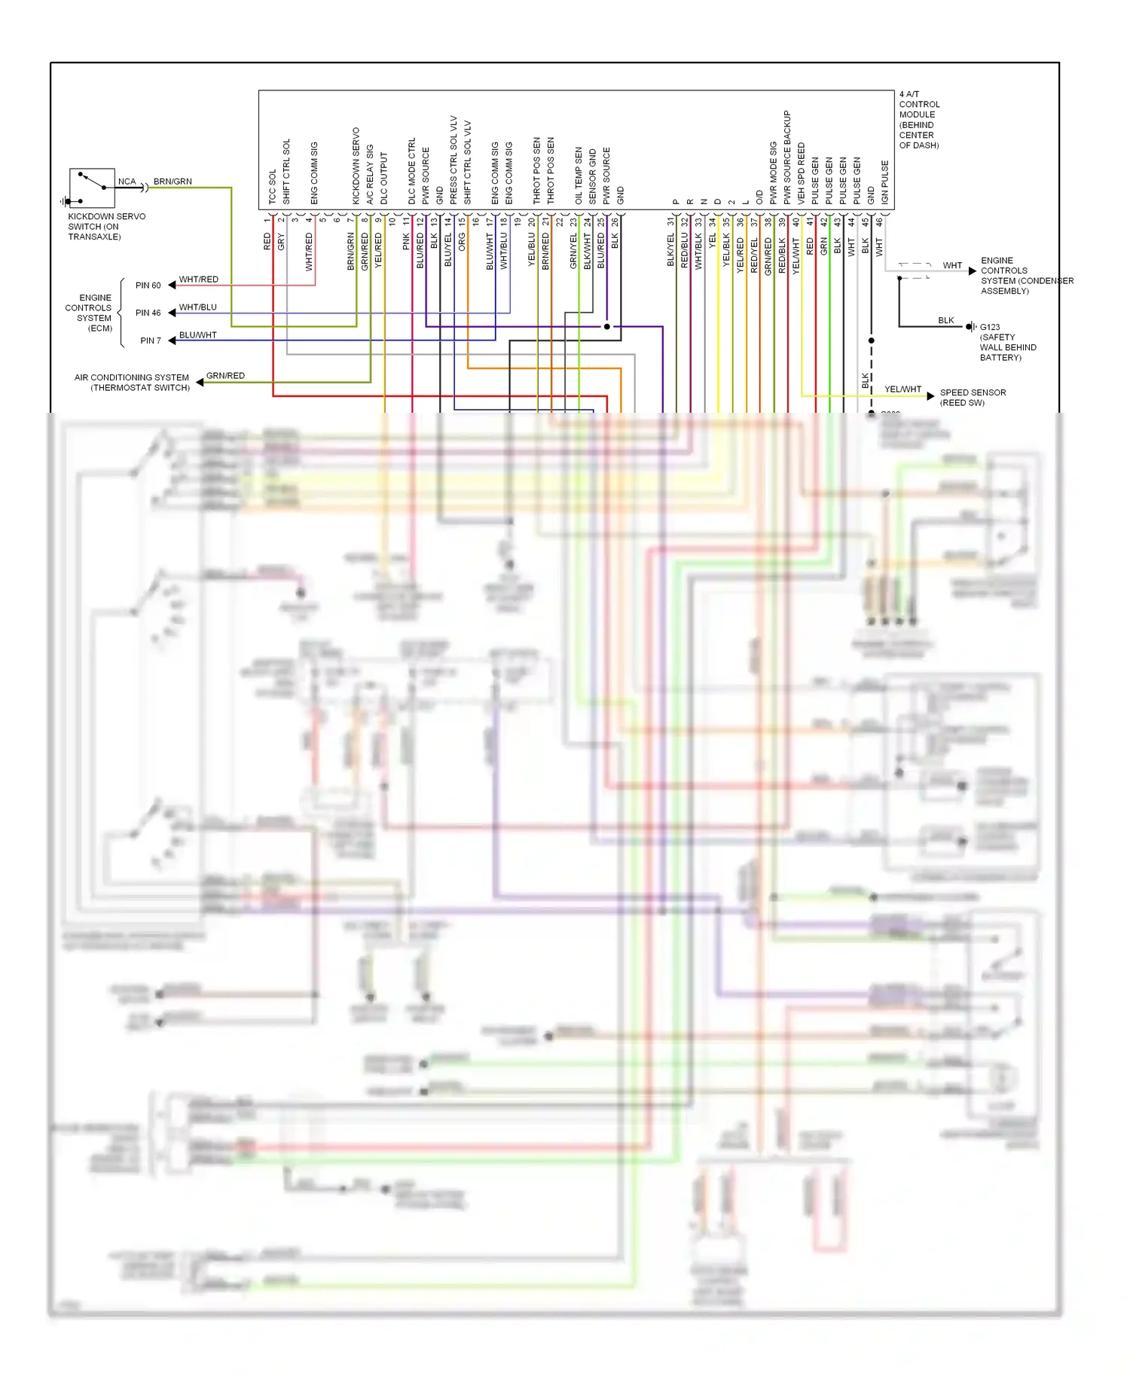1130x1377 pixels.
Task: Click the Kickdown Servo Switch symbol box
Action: [x=92, y=188]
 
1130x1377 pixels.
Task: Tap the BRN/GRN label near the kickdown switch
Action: [x=173, y=182]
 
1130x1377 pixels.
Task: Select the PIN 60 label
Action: [x=148, y=285]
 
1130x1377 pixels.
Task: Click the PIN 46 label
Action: [x=148, y=313]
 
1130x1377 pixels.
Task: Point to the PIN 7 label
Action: [x=151, y=340]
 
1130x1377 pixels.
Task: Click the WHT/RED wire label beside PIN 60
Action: [x=199, y=279]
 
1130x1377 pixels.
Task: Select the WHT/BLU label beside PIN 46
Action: [x=197, y=307]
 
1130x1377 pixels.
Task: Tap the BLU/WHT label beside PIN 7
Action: [x=197, y=335]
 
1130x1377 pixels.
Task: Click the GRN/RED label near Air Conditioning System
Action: [x=225, y=375]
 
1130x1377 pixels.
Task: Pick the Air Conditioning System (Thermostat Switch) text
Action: [x=133, y=383]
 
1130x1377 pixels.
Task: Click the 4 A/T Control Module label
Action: [x=919, y=120]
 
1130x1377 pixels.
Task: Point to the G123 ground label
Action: [x=990, y=327]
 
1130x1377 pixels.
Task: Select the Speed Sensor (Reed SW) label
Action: [x=973, y=398]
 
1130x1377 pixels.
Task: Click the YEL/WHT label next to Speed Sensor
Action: [x=902, y=389]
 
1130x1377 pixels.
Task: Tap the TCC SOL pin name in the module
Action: [x=273, y=187]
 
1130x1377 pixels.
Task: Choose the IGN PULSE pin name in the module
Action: [x=885, y=182]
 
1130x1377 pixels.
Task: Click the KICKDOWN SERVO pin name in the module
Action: [x=356, y=166]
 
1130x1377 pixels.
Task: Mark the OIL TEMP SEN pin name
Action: [x=579, y=176]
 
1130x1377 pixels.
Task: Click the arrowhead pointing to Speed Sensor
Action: [x=931, y=395]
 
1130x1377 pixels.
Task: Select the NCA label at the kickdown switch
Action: [x=127, y=182]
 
